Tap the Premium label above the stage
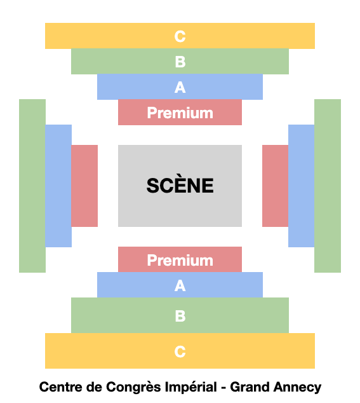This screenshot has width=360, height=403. (180, 113)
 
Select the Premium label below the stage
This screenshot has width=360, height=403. (180, 260)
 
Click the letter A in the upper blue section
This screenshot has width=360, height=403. (180, 87)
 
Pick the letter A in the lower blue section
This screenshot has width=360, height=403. (180, 285)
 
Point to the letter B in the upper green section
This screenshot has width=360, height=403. (180, 62)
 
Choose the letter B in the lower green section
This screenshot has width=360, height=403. (180, 316)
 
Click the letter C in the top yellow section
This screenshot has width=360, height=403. (180, 36)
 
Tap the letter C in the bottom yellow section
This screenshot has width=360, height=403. (180, 352)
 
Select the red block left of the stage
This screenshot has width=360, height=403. (84, 186)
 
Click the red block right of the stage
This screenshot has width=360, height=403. (276, 186)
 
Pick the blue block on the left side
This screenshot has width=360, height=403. (58, 186)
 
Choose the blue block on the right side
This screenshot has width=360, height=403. (302, 186)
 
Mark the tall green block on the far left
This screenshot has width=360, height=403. (32, 186)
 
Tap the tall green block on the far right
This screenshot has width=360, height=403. (328, 186)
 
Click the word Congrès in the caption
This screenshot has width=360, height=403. (134, 387)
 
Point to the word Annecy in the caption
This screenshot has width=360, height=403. (297, 388)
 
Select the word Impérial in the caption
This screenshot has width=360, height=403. (190, 387)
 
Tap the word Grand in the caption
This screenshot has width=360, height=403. (250, 387)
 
